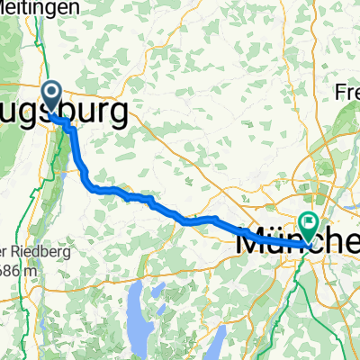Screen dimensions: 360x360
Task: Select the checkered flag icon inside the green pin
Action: tap(310, 220)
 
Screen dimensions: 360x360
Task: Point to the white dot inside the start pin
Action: tap(51, 91)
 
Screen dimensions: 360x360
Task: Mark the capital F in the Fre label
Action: tap(340, 93)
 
